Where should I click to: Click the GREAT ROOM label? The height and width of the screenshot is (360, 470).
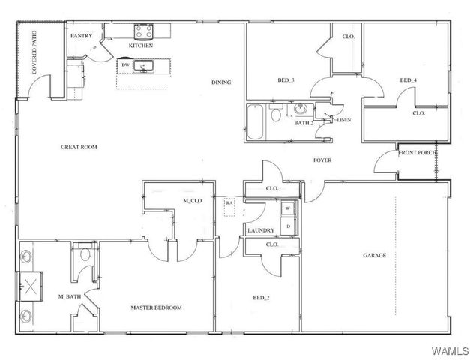coord(79,147)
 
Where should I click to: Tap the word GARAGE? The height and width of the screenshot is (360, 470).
coord(375,255)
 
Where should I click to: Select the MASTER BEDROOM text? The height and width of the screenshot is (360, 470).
coord(156,307)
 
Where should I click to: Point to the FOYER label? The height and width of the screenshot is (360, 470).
coord(322,160)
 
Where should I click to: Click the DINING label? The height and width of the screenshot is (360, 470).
coord(220,82)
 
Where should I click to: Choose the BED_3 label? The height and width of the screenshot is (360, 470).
coord(286,79)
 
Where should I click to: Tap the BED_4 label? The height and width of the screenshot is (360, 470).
coord(408,80)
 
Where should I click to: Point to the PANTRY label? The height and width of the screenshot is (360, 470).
coord(81,35)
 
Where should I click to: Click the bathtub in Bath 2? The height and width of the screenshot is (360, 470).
coord(255,121)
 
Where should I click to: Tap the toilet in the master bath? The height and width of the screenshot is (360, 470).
coord(85,257)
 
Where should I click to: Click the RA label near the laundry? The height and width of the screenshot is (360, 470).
coord(229,202)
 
